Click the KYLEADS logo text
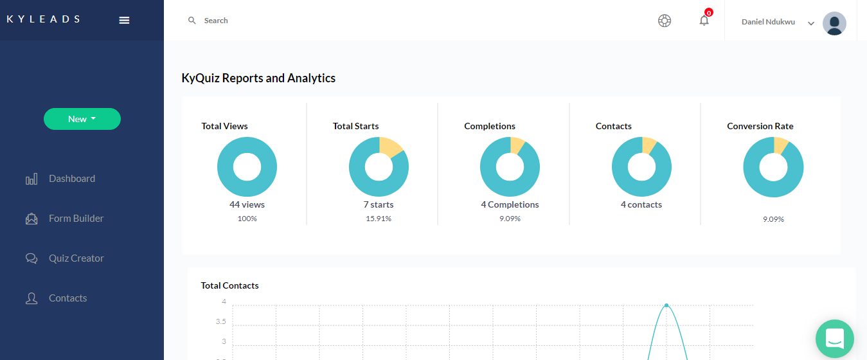[44, 19]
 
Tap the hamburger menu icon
[124, 20]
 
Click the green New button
[82, 119]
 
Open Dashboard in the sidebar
[71, 179]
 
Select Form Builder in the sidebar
[76, 219]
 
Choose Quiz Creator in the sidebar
[76, 258]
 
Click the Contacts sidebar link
[67, 298]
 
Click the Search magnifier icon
[192, 21]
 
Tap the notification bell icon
[704, 21]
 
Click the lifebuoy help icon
[665, 21]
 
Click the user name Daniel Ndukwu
[768, 22]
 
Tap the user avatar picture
[834, 23]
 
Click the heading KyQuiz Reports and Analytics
[258, 78]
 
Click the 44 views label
[247, 204]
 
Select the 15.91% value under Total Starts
[379, 219]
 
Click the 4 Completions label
[510, 204]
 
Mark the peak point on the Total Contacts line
[666, 305]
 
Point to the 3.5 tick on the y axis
[220, 321]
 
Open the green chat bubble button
[834, 339]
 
